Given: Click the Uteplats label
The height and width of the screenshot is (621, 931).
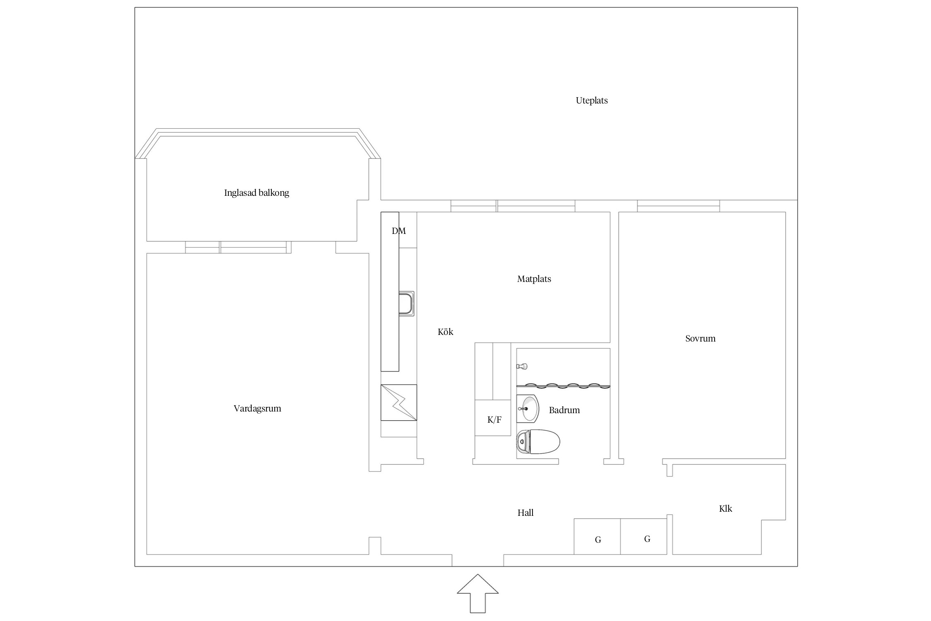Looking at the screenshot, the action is pos(592,101).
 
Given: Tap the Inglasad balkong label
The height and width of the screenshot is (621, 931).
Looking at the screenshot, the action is pos(257,193).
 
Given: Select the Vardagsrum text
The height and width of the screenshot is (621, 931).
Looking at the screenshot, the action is pos(257,409).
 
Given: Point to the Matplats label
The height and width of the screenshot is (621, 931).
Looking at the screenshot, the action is pos(534,279).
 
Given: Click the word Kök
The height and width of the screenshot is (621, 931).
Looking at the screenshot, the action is pos(446,332).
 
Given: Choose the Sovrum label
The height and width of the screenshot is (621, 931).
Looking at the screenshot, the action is pos(701,339).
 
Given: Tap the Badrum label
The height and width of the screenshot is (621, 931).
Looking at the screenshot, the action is pos(564,410).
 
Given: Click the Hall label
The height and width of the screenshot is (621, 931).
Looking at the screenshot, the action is pos(525,513).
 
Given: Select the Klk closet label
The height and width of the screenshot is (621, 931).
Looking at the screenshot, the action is pos(726,509).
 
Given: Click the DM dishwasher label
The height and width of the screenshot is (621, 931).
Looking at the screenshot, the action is pos(399,231).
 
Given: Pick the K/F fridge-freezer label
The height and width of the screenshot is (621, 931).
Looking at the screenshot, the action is pos(494,420).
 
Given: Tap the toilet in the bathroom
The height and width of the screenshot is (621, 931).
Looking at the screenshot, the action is pos(538,442).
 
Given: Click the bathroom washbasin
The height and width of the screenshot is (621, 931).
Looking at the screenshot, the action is pos(528,409).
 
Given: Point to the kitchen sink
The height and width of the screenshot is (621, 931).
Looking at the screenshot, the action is pos(406,303).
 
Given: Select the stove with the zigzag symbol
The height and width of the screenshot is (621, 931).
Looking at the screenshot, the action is pos(398,402).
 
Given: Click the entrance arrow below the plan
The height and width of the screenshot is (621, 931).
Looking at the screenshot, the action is pos(478,593).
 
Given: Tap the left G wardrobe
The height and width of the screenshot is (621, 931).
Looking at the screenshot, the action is pos(597,537).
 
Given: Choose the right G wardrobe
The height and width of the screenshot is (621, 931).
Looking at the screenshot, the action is pos(644,537).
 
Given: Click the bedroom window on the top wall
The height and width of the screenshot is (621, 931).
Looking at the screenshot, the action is pos(678,206).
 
